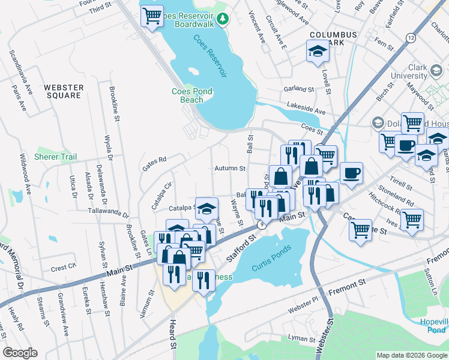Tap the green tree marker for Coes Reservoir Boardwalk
coord(223,20)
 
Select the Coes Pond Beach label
coord(187,95)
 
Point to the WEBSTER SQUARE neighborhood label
coord(63,91)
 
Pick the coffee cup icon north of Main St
coord(351,173)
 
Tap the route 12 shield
coord(410,38)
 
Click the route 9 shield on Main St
coord(261,224)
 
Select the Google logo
coord(20,353)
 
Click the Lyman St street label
coord(301,339)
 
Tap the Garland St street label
coord(299,89)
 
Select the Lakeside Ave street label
coord(306,112)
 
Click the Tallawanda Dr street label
coord(109,214)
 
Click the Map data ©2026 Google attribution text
coord(411,355)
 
